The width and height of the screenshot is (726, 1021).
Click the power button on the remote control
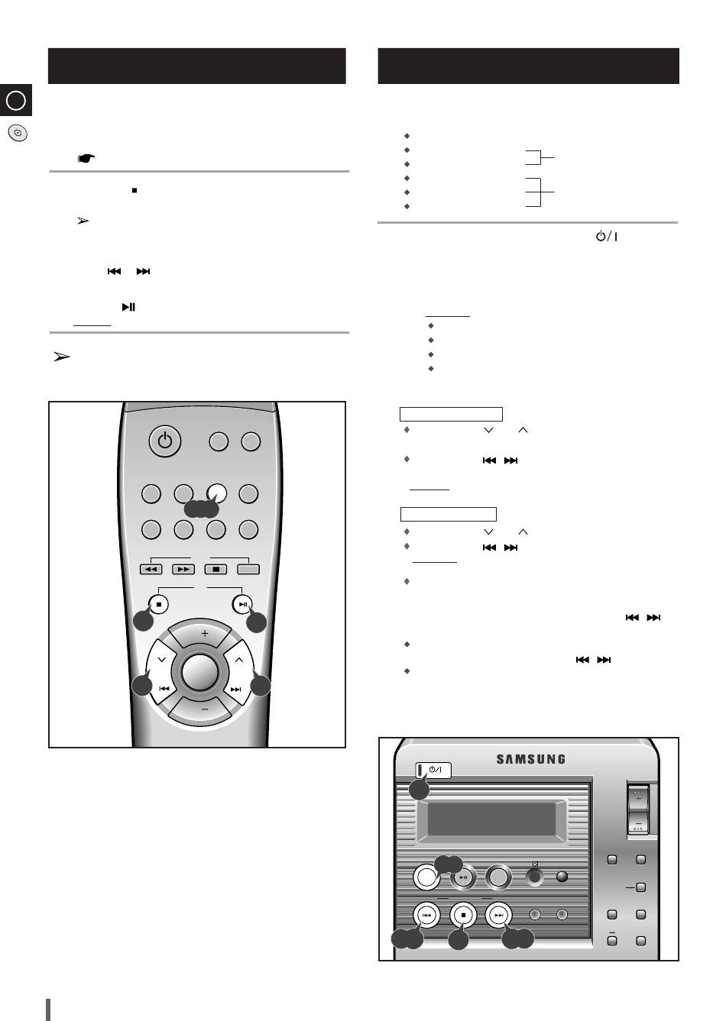click(x=165, y=441)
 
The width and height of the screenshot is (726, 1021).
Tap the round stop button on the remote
click(x=159, y=604)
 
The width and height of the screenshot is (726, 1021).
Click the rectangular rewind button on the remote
click(x=151, y=569)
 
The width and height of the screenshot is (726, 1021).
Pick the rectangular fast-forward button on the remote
click(x=183, y=569)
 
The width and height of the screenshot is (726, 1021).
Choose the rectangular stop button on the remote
click(x=216, y=569)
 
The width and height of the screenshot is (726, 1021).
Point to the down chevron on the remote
click(x=161, y=660)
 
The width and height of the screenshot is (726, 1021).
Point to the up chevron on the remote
click(x=239, y=660)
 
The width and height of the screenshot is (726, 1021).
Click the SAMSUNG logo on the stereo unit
click(x=531, y=759)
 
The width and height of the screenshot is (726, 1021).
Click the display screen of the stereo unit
click(x=491, y=819)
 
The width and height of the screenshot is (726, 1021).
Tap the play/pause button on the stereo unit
click(x=463, y=877)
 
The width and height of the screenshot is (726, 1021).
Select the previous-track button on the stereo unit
click(x=426, y=915)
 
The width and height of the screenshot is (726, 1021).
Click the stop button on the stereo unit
click(x=463, y=915)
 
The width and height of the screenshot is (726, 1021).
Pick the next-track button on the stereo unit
click(x=499, y=915)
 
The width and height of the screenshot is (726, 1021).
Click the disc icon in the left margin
click(x=18, y=133)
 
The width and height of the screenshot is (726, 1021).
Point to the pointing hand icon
click(x=86, y=158)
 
